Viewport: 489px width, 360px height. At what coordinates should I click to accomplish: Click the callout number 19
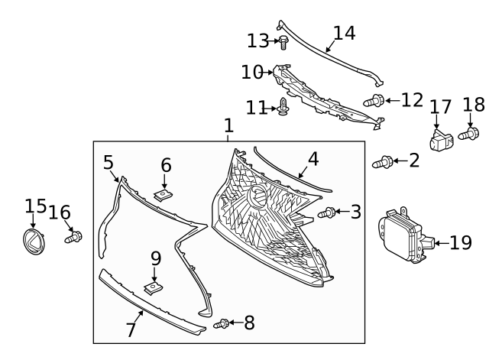pos(461,243)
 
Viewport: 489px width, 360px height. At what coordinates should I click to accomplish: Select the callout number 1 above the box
pos(228,126)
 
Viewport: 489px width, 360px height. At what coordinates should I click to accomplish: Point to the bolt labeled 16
pos(73,238)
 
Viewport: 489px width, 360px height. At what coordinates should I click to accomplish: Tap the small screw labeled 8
pos(222,324)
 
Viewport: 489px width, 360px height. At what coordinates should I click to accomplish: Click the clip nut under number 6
pos(162,194)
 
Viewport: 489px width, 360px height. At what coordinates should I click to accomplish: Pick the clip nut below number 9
pos(154,287)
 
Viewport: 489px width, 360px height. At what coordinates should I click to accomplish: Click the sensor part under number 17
pos(440,139)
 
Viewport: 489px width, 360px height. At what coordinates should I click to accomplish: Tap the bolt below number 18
pos(468,135)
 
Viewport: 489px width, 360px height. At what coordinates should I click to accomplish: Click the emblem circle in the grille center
pos(258,197)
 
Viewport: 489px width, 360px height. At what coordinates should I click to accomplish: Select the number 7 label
pos(131,330)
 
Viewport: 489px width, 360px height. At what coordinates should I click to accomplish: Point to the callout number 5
pos(108,162)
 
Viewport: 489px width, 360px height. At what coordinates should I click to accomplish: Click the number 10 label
pos(251,73)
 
